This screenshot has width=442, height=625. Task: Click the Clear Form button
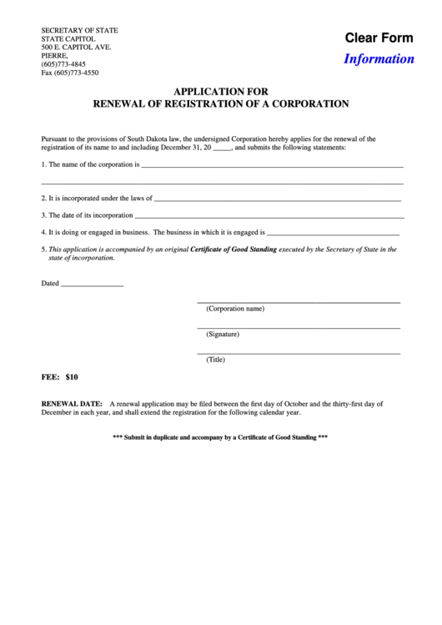click(379, 38)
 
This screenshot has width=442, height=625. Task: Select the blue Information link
click(379, 59)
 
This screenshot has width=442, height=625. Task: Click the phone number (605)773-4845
click(63, 64)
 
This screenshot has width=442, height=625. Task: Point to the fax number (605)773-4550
click(69, 73)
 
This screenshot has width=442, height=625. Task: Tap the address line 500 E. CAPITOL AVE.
click(76, 47)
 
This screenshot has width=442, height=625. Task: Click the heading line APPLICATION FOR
click(220, 93)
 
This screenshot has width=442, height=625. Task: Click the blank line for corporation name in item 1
click(272, 165)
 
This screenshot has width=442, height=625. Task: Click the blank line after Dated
click(92, 285)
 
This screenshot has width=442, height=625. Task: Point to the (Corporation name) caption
click(235, 309)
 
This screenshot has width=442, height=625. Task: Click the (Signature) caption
click(223, 334)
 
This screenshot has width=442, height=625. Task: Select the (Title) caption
click(216, 360)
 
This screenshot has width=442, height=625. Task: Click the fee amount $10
click(71, 378)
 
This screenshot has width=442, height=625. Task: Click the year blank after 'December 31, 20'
click(222, 148)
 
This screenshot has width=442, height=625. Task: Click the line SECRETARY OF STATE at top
click(80, 30)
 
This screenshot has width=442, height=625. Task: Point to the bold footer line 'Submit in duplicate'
click(220, 437)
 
